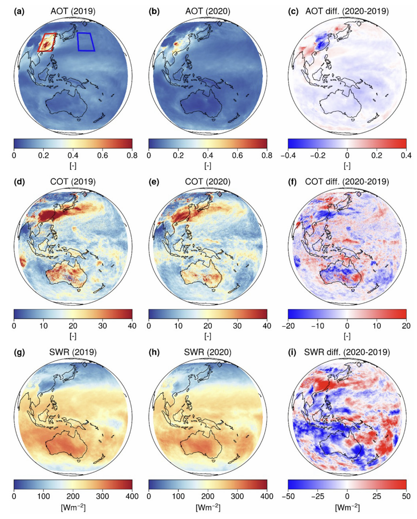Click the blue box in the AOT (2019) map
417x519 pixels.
pos(86,42)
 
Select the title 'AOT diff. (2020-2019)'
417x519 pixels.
pos(347,11)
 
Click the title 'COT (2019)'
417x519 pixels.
pos(73,182)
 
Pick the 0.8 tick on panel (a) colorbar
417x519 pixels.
pos(132,155)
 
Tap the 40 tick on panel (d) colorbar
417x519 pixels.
pos(132,326)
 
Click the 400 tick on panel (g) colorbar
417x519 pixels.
pos(132,496)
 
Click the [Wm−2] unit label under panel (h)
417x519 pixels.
pos(208,507)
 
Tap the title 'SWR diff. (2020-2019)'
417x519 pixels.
pos(347,352)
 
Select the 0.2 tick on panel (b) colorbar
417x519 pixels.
pos(178,155)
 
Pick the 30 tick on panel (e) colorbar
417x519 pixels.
pos(238,326)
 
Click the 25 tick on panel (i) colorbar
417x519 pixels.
pos(377,496)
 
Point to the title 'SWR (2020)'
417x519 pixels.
pos(208,352)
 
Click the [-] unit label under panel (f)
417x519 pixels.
pos(347,336)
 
